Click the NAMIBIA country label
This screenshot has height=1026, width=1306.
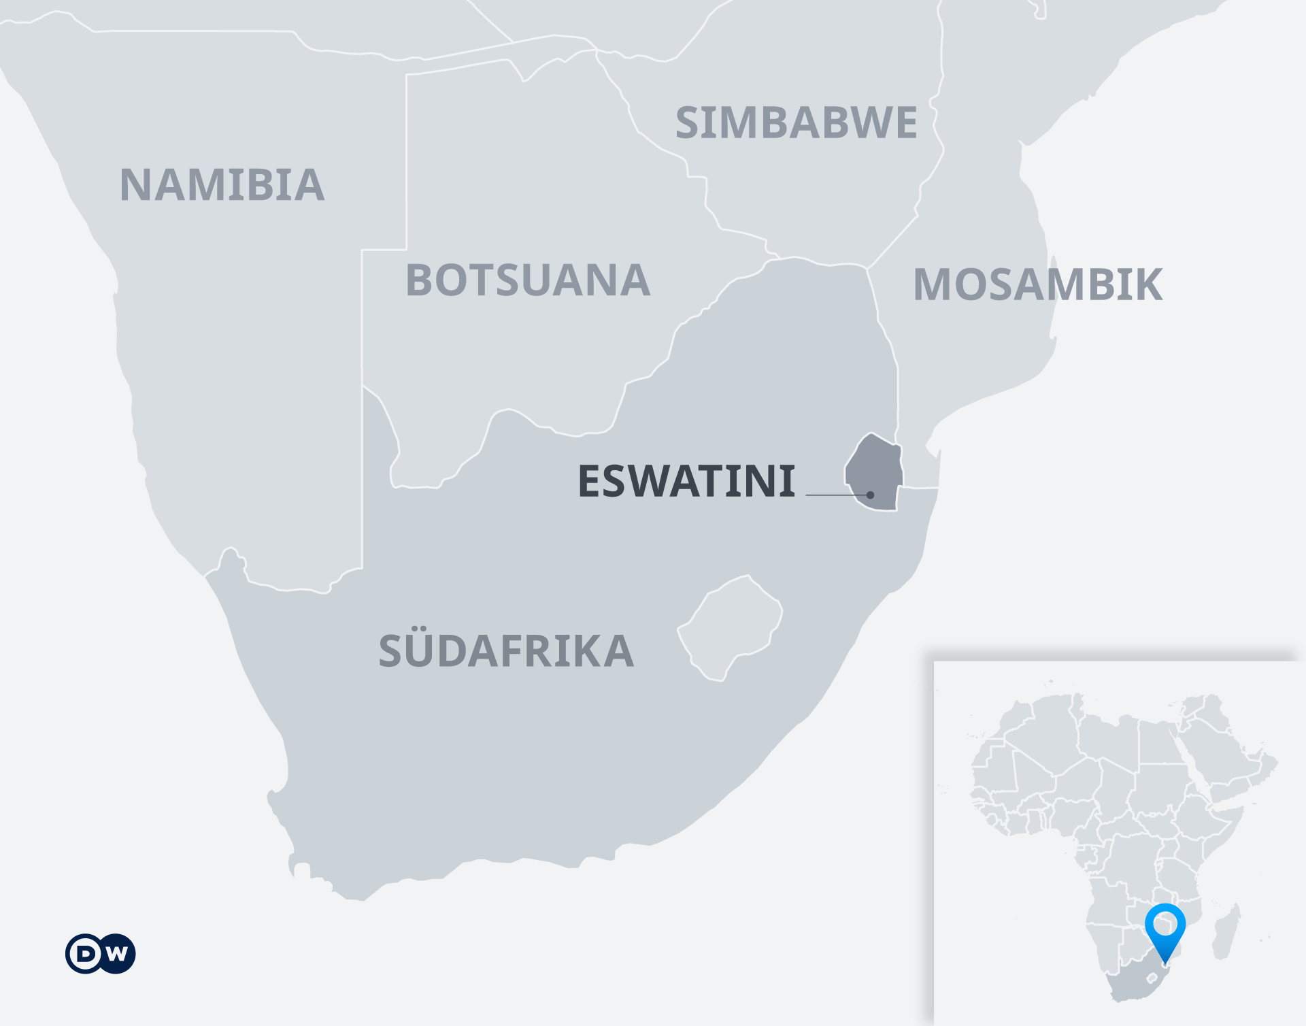pyautogui.click(x=222, y=185)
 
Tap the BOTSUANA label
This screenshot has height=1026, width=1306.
pyautogui.click(x=528, y=280)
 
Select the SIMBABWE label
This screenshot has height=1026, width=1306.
pyautogui.click(x=796, y=123)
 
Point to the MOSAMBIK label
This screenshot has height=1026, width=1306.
pyautogui.click(x=1037, y=284)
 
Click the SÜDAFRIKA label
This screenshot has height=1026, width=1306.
pyautogui.click(x=506, y=651)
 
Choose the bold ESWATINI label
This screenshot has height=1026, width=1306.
pyautogui.click(x=686, y=482)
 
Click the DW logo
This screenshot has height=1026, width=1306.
pyautogui.click(x=101, y=953)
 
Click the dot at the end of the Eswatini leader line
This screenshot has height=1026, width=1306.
pyautogui.click(x=870, y=495)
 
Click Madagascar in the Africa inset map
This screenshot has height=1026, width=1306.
pyautogui.click(x=1227, y=933)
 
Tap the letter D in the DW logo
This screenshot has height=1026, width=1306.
pyautogui.click(x=86, y=953)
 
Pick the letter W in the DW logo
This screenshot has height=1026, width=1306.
pyautogui.click(x=116, y=953)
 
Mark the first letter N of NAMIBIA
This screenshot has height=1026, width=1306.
pyautogui.click(x=136, y=185)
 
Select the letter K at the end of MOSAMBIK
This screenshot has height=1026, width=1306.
pyautogui.click(x=1146, y=284)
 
